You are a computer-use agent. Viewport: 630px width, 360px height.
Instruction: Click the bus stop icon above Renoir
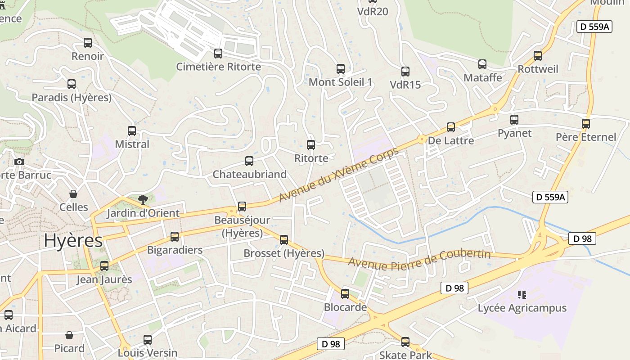(x=88, y=43)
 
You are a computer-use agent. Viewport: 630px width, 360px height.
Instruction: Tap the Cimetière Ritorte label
(x=218, y=67)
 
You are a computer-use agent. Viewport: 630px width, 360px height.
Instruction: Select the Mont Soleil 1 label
(x=341, y=82)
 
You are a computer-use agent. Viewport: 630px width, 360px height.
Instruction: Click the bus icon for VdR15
(x=405, y=71)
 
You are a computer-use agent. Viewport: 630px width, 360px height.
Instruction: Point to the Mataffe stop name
(x=483, y=78)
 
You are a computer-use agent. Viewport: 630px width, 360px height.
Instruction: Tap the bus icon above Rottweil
(x=538, y=56)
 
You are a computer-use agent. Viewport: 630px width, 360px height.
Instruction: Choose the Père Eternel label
(x=586, y=137)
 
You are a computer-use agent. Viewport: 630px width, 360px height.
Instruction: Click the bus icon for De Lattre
(x=451, y=127)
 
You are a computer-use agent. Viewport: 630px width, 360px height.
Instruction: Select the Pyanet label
(x=514, y=133)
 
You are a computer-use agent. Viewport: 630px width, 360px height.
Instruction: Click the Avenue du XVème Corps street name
(x=338, y=175)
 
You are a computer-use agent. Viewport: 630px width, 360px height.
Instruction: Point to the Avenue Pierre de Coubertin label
(x=419, y=259)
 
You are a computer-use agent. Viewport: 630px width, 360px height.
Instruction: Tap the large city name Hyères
(x=73, y=241)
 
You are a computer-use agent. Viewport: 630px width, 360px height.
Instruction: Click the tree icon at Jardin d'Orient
(x=143, y=198)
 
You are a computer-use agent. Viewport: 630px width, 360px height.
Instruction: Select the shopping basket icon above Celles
(x=73, y=194)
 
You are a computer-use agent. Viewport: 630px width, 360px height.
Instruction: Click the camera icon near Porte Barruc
(x=19, y=162)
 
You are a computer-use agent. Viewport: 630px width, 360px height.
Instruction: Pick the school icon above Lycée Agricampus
(x=522, y=295)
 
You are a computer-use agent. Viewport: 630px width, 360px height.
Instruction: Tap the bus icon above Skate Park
(x=405, y=342)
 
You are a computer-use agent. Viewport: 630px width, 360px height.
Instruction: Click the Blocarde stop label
(x=345, y=307)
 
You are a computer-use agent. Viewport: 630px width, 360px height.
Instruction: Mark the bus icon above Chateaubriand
(x=249, y=161)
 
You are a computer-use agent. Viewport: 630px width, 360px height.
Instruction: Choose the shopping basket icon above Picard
(x=69, y=335)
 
